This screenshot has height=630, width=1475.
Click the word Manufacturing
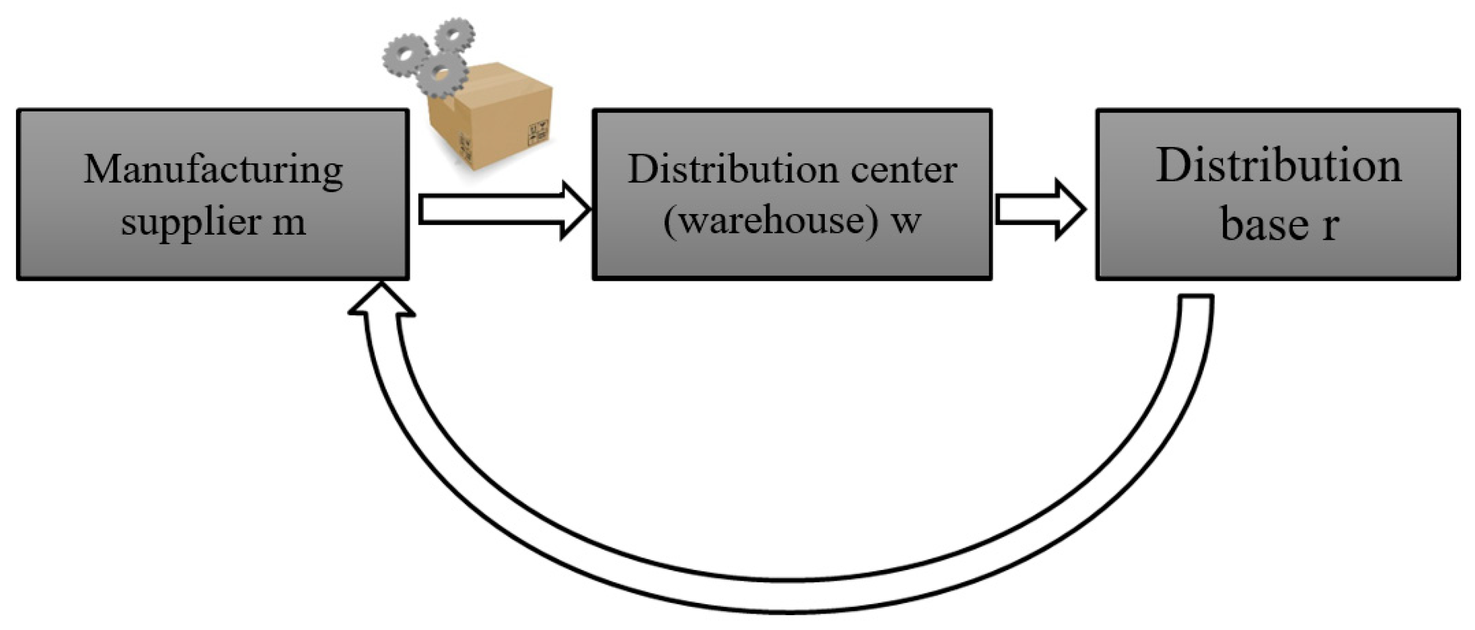point(213,170)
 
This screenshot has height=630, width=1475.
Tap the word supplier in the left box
point(190,222)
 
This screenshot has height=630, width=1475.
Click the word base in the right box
point(1264,224)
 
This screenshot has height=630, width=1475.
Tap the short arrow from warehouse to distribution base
point(1040,209)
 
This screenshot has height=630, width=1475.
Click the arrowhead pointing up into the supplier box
point(382,300)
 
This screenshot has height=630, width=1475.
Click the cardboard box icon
point(493,120)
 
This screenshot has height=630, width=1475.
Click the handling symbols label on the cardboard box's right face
point(538,131)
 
